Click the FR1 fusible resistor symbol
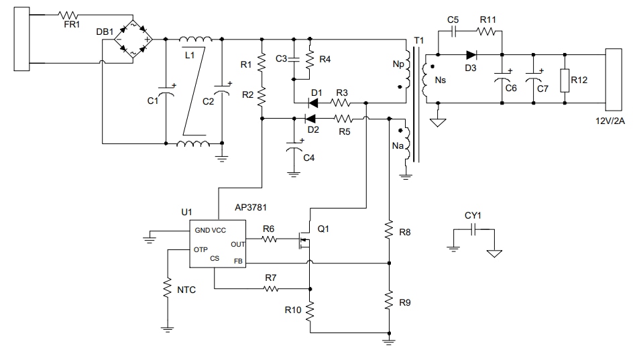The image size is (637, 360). [69, 14]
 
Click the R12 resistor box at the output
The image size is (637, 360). [565, 80]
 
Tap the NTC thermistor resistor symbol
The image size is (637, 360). [166, 290]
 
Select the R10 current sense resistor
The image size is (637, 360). [310, 310]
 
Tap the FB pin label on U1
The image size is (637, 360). [238, 261]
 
